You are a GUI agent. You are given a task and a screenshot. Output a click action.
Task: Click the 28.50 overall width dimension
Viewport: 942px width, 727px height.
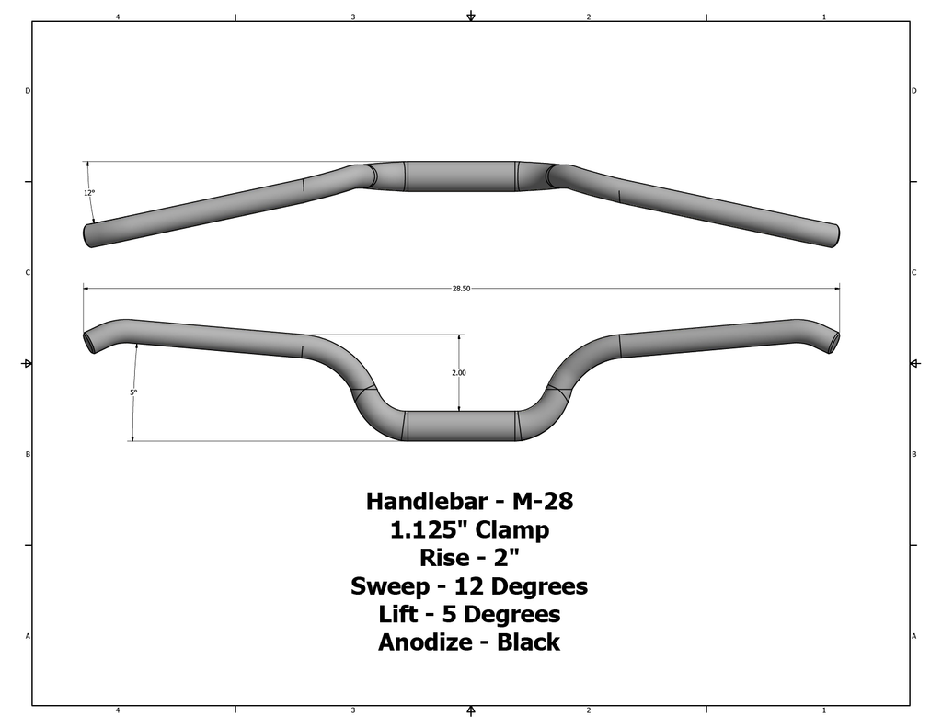[461, 289]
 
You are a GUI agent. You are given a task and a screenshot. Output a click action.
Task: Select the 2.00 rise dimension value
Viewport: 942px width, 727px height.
[459, 373]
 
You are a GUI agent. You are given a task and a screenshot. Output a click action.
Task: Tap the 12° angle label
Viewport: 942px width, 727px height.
[88, 193]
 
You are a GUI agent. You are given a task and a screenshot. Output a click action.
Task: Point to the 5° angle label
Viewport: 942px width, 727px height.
[133, 392]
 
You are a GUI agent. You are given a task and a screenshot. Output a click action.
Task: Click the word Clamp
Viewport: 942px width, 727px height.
[516, 530]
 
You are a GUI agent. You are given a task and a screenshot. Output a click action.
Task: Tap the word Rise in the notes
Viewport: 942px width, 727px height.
[444, 558]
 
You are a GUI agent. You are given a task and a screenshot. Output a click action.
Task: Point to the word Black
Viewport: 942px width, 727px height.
[528, 642]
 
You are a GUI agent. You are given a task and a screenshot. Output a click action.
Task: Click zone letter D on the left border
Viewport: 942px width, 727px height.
[27, 91]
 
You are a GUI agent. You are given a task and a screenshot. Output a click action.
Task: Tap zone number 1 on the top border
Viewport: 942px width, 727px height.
[823, 17]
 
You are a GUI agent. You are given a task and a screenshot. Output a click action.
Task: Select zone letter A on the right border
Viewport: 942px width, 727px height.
[913, 636]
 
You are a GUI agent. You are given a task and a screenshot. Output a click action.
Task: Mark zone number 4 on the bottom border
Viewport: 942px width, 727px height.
[118, 710]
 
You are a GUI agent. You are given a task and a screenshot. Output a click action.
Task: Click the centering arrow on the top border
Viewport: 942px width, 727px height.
[471, 17]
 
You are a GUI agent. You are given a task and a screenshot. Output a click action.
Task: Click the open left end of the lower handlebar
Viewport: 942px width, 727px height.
[90, 342]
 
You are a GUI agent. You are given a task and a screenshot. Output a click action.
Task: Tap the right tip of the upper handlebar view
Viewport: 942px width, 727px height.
[837, 235]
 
